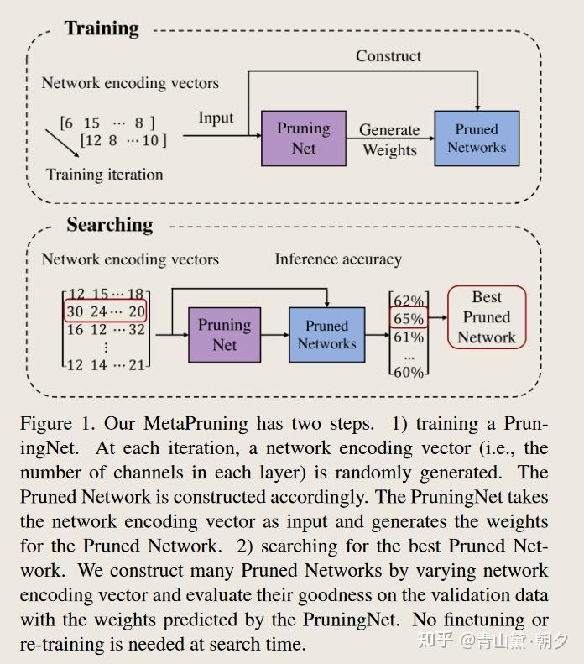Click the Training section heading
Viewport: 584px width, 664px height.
[102, 29]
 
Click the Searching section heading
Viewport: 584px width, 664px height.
[110, 225]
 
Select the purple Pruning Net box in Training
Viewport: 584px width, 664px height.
[304, 139]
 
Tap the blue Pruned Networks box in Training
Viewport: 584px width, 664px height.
[477, 139]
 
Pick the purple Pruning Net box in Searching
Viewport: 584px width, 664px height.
[224, 334]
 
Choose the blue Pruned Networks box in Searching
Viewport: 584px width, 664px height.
[327, 334]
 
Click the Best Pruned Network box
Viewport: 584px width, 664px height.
[487, 317]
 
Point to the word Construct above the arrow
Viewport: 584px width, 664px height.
[388, 56]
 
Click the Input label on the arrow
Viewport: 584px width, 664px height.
[216, 118]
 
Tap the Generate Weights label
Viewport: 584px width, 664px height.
[389, 140]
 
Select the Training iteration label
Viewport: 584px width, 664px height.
[104, 175]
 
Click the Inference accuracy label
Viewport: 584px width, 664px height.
[338, 259]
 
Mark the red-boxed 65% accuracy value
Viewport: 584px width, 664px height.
[409, 319]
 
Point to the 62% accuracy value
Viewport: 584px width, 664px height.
[409, 301]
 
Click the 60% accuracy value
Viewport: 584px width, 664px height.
[409, 372]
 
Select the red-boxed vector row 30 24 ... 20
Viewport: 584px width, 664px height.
[106, 311]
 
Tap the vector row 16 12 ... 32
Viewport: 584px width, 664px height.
[106, 329]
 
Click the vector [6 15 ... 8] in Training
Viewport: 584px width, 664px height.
[107, 123]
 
